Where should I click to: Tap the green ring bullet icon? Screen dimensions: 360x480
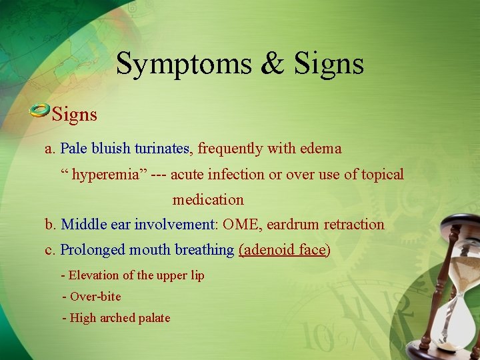(x=39, y=111)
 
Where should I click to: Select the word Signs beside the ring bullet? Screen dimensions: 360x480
(x=75, y=115)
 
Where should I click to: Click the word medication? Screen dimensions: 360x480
(x=208, y=199)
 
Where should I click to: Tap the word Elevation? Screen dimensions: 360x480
(x=94, y=275)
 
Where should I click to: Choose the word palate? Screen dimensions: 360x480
(x=153, y=318)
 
